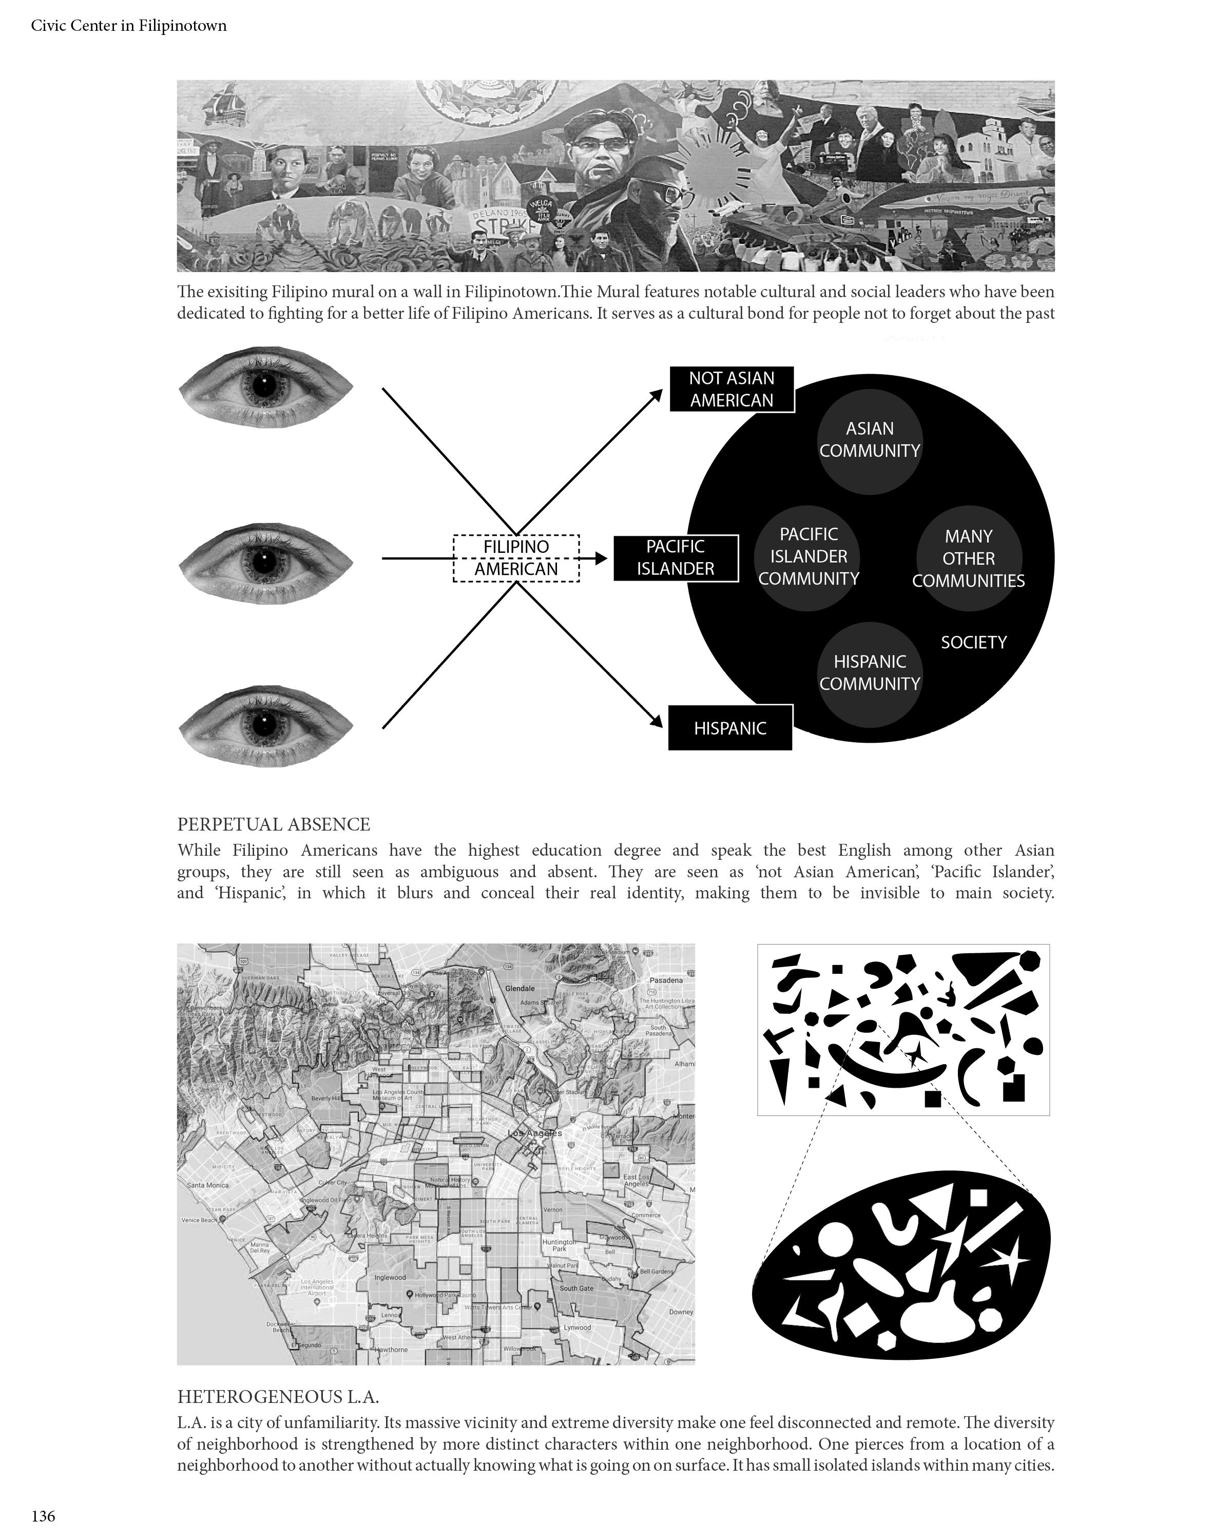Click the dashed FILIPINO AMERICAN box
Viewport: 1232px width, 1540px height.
click(x=516, y=558)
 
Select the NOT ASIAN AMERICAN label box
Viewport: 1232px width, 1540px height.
click(x=731, y=389)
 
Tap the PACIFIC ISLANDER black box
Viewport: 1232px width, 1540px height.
click(x=675, y=558)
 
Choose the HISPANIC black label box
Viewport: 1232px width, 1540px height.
click(x=729, y=728)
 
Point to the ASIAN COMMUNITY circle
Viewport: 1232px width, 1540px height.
click(x=869, y=440)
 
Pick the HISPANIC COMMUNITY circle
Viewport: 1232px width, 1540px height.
click(x=869, y=673)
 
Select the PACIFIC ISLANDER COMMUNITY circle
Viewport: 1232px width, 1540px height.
click(x=808, y=557)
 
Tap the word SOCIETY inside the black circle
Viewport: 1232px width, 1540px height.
click(x=973, y=643)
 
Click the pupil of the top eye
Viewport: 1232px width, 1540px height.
click(x=264, y=387)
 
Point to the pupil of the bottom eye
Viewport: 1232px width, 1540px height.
click(x=264, y=726)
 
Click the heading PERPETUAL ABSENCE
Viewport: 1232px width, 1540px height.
click(x=274, y=824)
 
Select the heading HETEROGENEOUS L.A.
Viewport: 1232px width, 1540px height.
click(x=278, y=1396)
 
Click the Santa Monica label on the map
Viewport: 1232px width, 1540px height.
click(x=208, y=1185)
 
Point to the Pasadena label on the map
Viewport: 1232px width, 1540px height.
click(x=666, y=980)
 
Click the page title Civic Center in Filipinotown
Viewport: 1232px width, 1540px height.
click(x=128, y=26)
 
